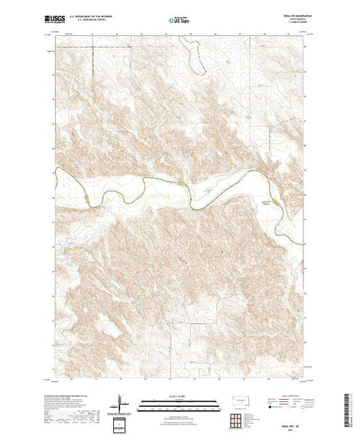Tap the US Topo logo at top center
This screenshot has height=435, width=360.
(180, 20)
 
